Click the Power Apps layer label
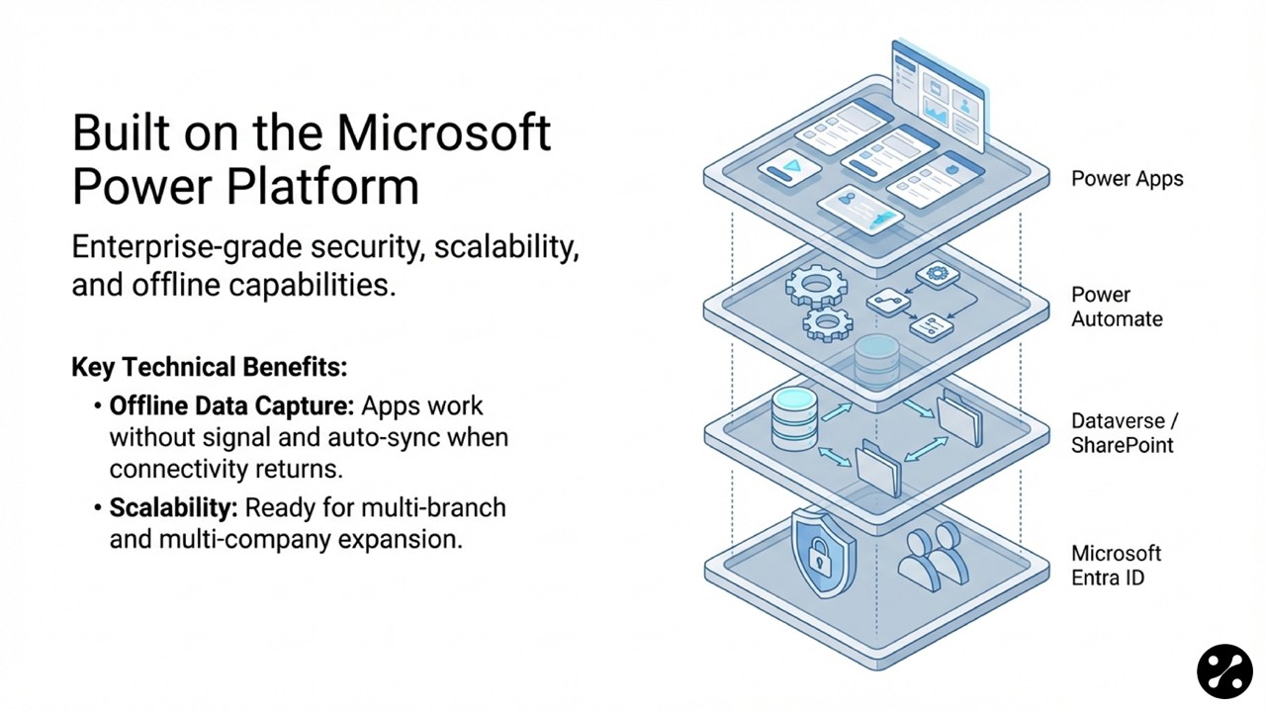click(1127, 179)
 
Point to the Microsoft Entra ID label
click(1116, 565)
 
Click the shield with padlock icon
click(819, 554)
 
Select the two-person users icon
click(934, 556)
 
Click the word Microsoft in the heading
click(444, 133)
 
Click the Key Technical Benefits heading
click(209, 368)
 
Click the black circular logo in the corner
click(1224, 671)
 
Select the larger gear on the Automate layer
click(816, 285)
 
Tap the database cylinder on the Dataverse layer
click(793, 418)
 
